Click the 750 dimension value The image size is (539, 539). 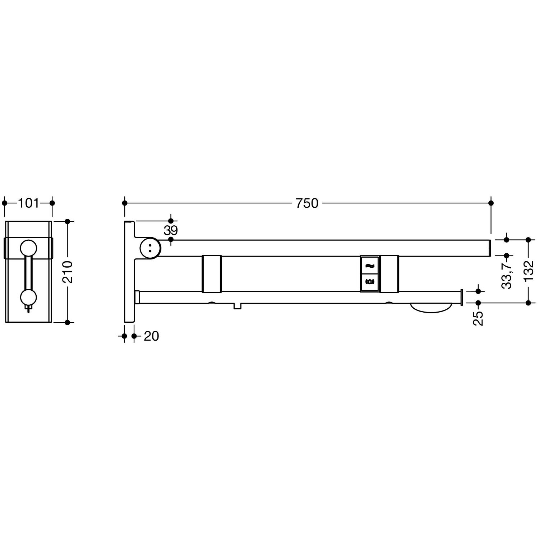pos(307,203)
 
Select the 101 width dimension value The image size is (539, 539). pos(28,203)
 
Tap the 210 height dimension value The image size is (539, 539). pos(68,272)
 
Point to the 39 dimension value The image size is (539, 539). pos(171,230)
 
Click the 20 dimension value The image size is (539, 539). pos(151,336)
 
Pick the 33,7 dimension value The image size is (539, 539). pos(507,276)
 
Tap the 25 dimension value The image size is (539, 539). pos(478,318)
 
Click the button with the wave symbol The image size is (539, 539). pos(369,265)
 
